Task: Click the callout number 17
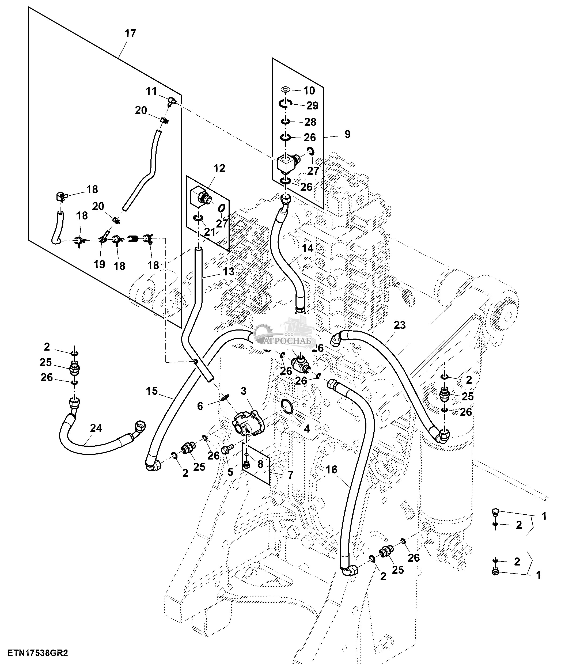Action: [x=130, y=34]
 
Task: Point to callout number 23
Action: [x=400, y=325]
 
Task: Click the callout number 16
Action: [x=331, y=469]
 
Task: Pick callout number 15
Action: [x=152, y=391]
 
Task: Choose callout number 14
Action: [x=307, y=248]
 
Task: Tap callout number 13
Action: [x=229, y=271]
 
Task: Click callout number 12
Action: [x=219, y=168]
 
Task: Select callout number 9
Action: [x=348, y=134]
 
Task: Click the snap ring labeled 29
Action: [x=285, y=103]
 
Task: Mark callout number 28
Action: [x=310, y=122]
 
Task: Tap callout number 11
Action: [x=151, y=91]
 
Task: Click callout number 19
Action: [x=99, y=264]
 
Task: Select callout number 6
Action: [x=200, y=406]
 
